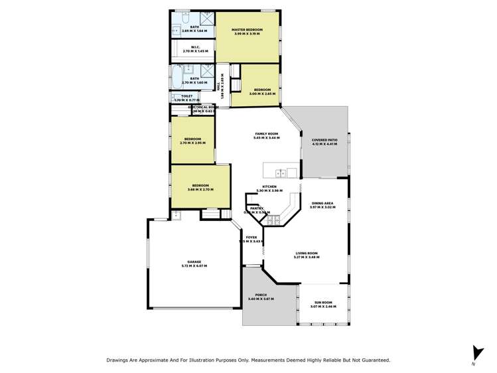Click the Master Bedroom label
tap(247, 30)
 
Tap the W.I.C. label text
tap(196, 47)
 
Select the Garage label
tap(194, 262)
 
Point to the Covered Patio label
tap(324, 140)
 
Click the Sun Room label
tap(323, 303)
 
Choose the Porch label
tap(260, 295)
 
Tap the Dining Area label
tap(322, 204)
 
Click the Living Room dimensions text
tap(307, 257)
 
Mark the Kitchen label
tap(269, 186)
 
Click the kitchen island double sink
tap(281, 173)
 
